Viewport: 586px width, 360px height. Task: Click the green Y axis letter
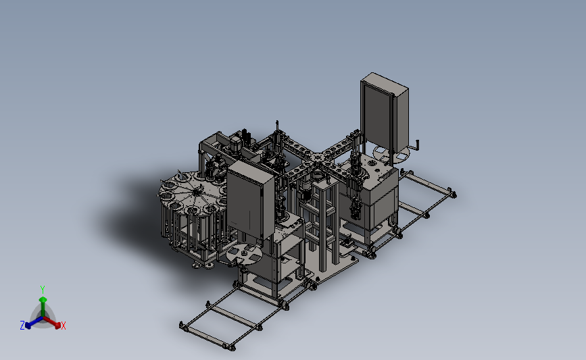42,290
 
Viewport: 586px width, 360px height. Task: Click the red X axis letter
63,326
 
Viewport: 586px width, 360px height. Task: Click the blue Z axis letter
22,326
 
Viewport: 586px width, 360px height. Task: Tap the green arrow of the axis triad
43,307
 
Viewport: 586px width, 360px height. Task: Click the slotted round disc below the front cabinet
244,254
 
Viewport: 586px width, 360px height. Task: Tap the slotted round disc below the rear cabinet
391,153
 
